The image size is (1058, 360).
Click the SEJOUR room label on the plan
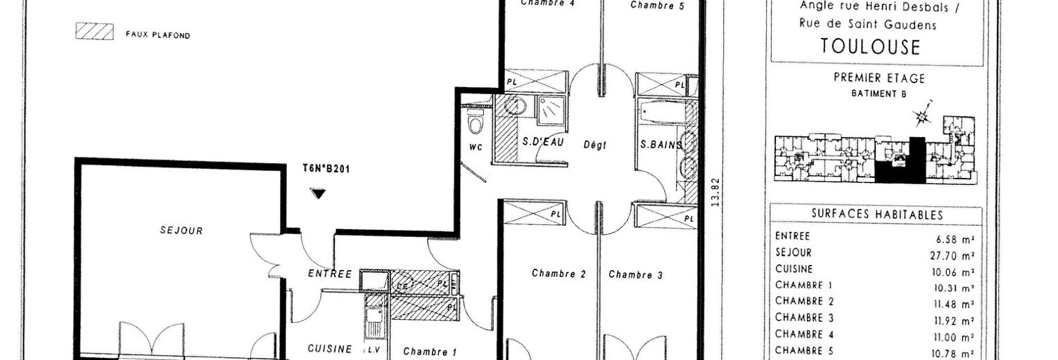point(181,231)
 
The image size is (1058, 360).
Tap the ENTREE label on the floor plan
point(329,274)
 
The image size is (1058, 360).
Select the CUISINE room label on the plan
point(330,349)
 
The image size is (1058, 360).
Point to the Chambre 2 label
point(559,274)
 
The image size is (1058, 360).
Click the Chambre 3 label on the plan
point(635,275)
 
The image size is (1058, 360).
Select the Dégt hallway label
point(594,146)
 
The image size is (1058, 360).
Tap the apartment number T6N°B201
point(321,169)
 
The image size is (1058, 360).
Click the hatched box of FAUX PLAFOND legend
point(94,32)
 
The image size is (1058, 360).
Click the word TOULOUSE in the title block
point(870,47)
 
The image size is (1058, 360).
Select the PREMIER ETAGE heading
point(879,78)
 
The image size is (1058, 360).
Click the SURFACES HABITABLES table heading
point(877,214)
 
